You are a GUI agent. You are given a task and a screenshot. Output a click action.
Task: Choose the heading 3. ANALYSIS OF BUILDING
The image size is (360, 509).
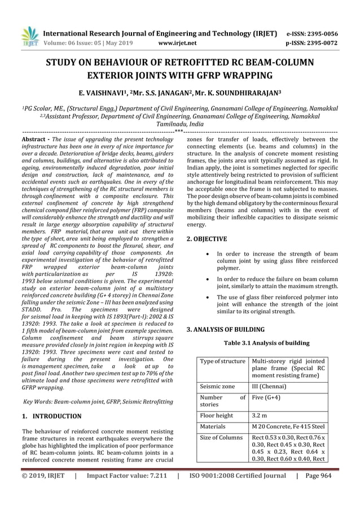pyautogui.click(x=225, y=328)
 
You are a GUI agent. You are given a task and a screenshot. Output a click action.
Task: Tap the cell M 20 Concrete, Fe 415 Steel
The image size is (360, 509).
pyautogui.click(x=288, y=427)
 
